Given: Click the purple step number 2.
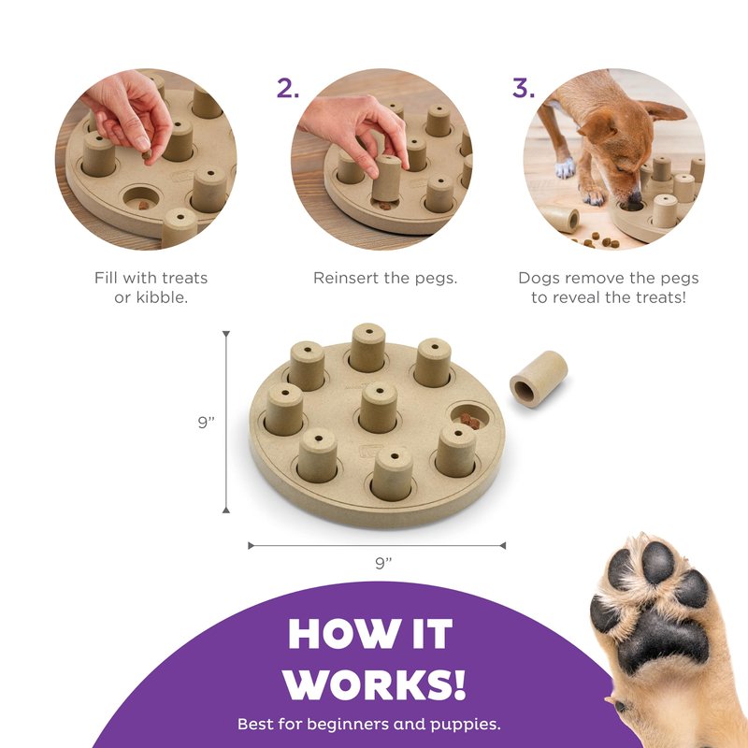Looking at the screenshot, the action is [x=288, y=88].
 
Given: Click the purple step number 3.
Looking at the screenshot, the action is [x=524, y=88].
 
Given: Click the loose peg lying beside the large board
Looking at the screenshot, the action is [x=539, y=376].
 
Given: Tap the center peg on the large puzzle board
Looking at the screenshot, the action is [x=379, y=407].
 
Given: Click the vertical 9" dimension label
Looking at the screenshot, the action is [x=206, y=423].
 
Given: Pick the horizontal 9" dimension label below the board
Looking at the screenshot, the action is [x=383, y=563].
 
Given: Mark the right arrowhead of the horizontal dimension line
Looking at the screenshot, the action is [x=502, y=545].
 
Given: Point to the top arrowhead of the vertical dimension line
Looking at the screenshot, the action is [x=226, y=334].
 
